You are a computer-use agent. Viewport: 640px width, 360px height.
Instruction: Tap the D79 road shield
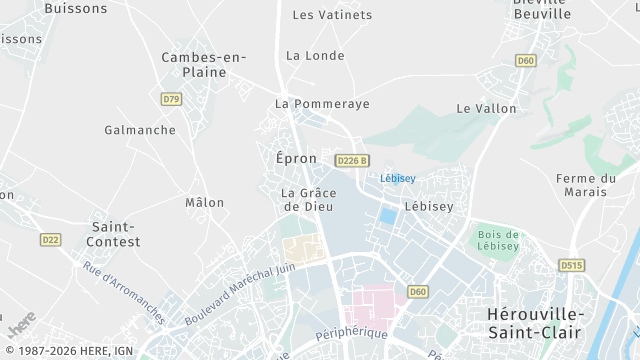(x=171, y=99)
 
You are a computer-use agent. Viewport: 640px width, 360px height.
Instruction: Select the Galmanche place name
(x=140, y=130)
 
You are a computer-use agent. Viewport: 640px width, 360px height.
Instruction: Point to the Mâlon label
(x=205, y=202)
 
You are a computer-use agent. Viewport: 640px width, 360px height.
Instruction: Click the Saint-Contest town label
(x=115, y=234)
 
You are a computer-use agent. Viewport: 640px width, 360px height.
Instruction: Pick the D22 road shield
(x=50, y=239)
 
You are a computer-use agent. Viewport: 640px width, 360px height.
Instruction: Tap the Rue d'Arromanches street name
(x=123, y=292)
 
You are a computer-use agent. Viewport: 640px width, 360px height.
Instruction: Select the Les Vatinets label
(x=332, y=15)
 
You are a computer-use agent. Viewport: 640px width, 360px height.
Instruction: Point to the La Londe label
(x=315, y=55)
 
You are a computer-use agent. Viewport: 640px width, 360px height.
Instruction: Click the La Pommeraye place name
(x=322, y=104)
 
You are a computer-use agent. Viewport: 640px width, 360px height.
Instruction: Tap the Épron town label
(x=296, y=158)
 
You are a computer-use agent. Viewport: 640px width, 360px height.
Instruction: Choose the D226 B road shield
(x=353, y=160)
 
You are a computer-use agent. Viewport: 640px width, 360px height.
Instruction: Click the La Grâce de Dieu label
(x=308, y=199)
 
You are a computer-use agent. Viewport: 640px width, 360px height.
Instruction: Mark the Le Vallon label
(x=486, y=108)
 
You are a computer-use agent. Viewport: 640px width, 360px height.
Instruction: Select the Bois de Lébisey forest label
(x=498, y=240)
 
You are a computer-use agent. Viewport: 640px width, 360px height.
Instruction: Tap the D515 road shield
(x=571, y=265)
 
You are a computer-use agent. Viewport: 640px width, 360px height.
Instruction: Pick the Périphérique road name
(x=350, y=332)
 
